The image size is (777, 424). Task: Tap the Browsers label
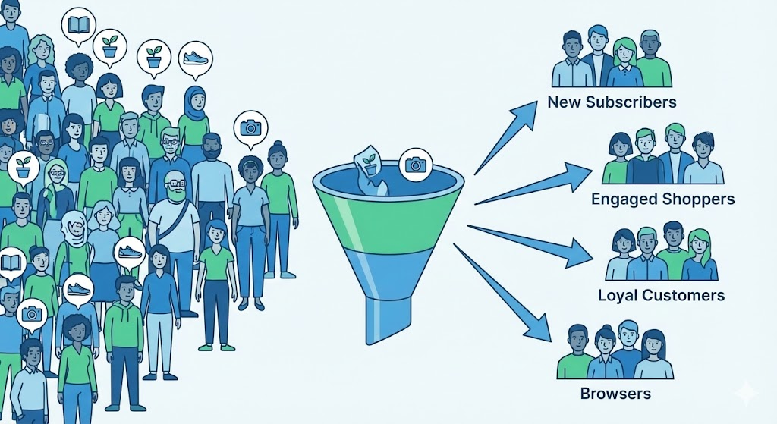[615, 394]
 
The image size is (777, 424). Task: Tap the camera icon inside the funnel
[414, 163]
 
